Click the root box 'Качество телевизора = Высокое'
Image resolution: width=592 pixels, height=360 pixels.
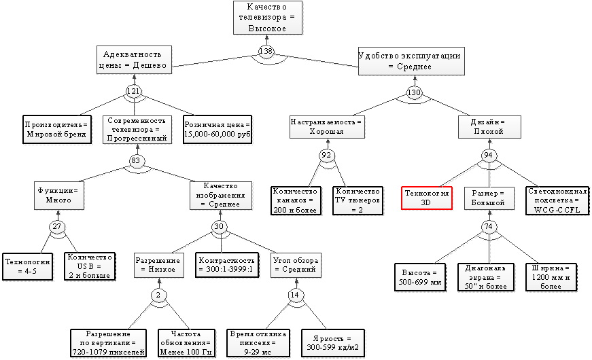[266, 17]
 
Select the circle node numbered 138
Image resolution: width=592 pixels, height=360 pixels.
[266, 52]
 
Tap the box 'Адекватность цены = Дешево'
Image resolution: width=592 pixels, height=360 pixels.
[133, 60]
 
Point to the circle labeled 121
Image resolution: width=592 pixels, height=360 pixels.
[133, 90]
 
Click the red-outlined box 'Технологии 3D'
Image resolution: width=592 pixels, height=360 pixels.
[427, 197]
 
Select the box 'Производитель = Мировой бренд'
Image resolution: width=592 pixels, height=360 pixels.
[56, 130]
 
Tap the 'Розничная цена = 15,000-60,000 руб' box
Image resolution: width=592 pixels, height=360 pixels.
[217, 130]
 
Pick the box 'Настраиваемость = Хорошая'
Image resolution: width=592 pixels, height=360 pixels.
[327, 126]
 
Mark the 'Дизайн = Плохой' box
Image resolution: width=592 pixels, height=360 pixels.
[487, 126]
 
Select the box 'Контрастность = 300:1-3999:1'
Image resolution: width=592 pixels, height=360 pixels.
[226, 264]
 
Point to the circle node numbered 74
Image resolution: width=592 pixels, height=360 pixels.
[487, 226]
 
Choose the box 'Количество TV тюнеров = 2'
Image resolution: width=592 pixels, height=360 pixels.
[356, 201]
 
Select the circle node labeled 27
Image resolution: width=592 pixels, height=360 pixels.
[56, 226]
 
